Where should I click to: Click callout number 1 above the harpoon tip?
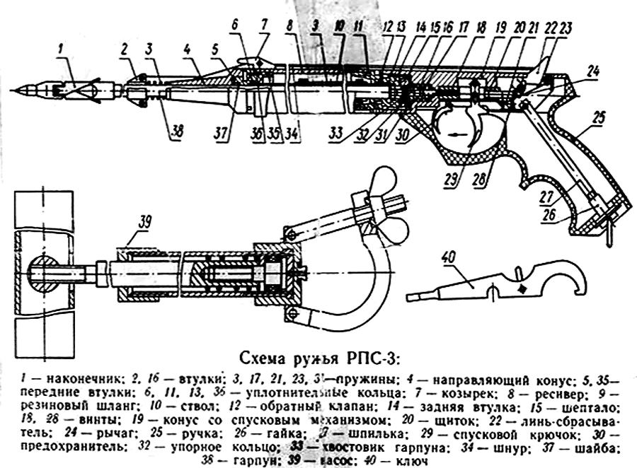62,49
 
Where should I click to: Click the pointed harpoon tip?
23,90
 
